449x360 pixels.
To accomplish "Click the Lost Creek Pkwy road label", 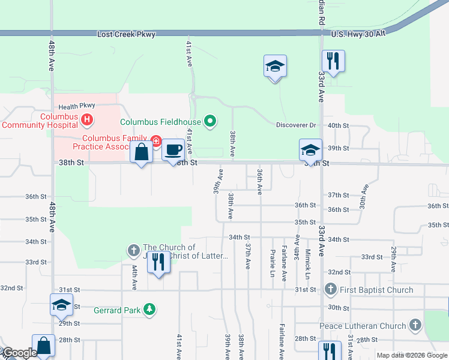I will (126, 34).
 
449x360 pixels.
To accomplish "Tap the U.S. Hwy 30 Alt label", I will (357, 34).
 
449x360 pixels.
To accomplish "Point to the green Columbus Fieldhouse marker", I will (209, 122).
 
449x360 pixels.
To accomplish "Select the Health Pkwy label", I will (77, 106).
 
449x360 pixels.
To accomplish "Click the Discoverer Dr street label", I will (296, 125).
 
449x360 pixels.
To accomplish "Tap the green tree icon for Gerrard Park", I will (148, 310).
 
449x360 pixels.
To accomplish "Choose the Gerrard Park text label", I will (116, 310).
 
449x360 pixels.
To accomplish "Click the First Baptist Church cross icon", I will (330, 290).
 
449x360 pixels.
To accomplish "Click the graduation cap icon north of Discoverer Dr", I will (275, 66).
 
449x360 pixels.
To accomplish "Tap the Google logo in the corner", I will (19, 353).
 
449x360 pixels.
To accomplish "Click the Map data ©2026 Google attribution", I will (411, 355).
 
